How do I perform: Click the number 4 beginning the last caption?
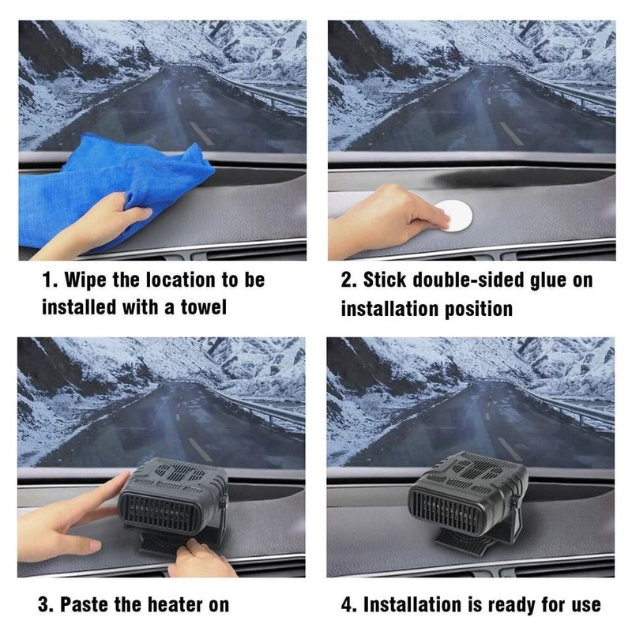[x=348, y=605]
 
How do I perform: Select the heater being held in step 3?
[x=170, y=498]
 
